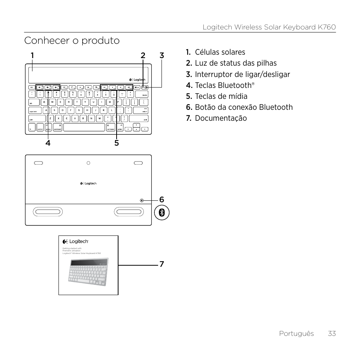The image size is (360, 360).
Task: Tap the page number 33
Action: coord(332,333)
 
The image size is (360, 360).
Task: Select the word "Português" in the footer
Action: coord(296,333)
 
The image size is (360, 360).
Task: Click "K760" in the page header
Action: coord(326,27)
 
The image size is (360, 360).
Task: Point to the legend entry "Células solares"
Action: coord(220,52)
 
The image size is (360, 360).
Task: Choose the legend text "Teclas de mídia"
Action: coord(221,96)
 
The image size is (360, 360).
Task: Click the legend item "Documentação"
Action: coord(221,118)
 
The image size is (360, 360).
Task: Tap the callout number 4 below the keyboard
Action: coord(48,143)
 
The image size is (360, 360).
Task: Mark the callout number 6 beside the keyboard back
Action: coord(162,199)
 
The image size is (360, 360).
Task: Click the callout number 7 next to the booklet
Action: coord(162,264)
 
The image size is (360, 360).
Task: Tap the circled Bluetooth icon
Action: coord(162,213)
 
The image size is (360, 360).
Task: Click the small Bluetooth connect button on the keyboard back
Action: coord(142,200)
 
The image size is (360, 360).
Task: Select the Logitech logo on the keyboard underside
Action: coord(88,184)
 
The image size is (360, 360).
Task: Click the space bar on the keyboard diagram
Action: coord(84,128)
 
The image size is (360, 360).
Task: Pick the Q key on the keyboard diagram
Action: coord(44,102)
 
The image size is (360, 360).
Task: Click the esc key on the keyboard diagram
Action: coord(32,87)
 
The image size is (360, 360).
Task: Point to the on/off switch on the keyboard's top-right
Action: coord(146,87)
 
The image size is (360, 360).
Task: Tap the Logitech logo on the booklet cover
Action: coord(75,242)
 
